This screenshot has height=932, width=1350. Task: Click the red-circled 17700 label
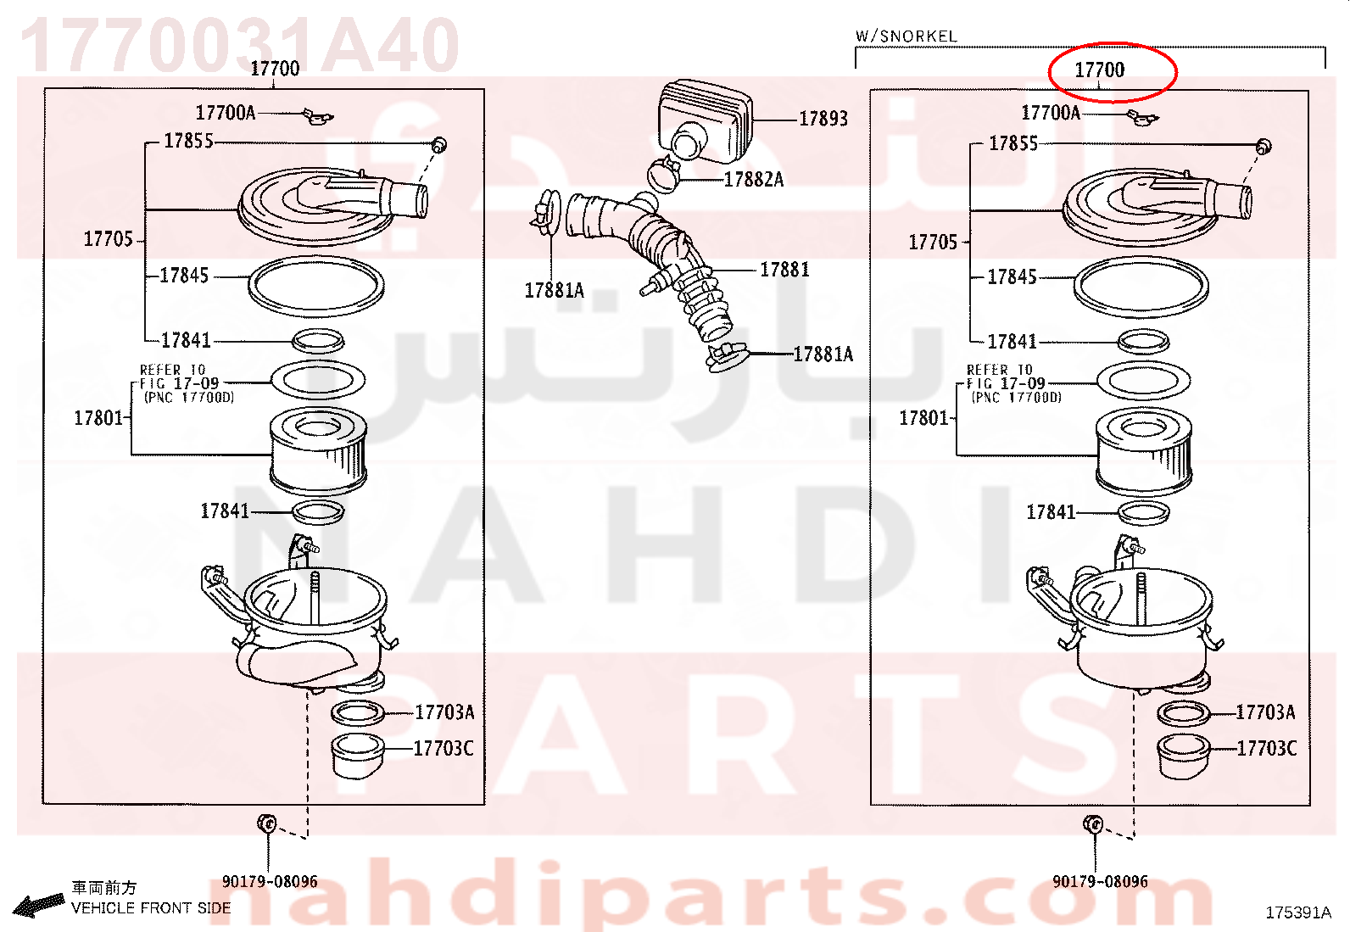[1099, 70]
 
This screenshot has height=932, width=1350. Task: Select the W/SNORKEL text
[906, 36]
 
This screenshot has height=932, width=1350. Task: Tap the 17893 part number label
[823, 119]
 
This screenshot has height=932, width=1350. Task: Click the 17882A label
[753, 179]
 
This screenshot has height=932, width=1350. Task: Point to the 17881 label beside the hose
[784, 270]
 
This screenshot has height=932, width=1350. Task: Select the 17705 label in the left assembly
[108, 239]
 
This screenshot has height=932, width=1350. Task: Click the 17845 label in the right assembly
[1012, 276]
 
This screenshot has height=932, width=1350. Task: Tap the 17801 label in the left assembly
[98, 418]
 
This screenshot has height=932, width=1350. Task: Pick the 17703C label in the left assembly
[443, 749]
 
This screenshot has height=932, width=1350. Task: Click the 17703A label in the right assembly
[1265, 712]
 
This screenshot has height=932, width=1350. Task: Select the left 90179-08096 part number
[270, 881]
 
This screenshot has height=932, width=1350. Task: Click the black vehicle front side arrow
[38, 906]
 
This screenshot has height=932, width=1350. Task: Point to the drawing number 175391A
[1298, 912]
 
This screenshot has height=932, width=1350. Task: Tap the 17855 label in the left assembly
[188, 141]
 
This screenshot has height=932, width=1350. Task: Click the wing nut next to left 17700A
[317, 116]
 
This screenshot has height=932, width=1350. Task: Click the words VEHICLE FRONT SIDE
[151, 908]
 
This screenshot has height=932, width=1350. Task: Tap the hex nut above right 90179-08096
[1093, 824]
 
